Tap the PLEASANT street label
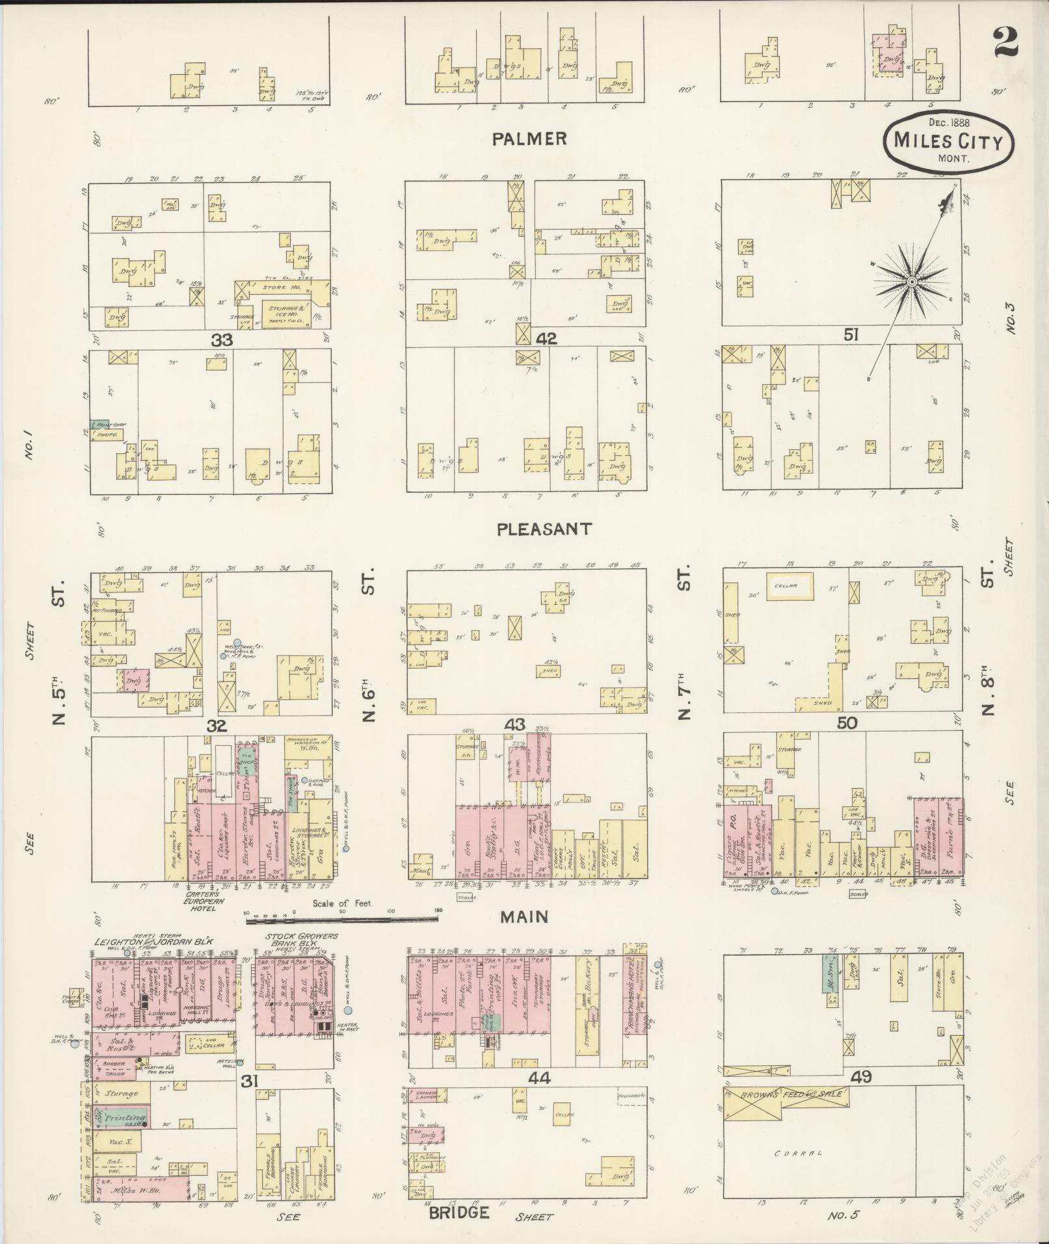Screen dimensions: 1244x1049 tap(544, 529)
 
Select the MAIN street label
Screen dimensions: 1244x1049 tap(524, 917)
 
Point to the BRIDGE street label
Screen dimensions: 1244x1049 tap(458, 1213)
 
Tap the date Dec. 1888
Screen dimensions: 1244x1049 tap(949, 122)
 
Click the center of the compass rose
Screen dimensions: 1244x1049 tap(912, 282)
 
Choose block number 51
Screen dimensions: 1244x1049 tap(852, 334)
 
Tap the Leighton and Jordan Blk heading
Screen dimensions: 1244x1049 tap(153, 942)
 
